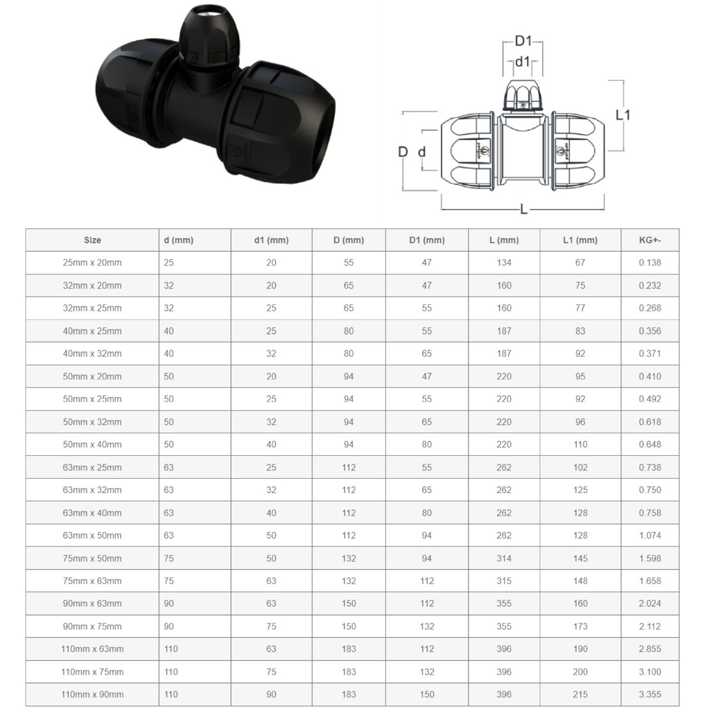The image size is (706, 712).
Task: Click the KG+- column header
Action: tap(650, 240)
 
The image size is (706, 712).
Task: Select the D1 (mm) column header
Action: tap(426, 240)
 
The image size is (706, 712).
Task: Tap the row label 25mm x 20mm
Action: tap(92, 263)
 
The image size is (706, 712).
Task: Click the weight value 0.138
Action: tap(650, 263)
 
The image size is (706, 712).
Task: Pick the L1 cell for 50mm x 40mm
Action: tap(580, 444)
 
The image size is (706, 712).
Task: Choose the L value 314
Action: tap(504, 558)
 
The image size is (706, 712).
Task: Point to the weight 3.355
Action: tap(650, 695)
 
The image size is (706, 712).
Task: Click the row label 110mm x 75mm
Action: tap(92, 672)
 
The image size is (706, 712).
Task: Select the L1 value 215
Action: tap(580, 695)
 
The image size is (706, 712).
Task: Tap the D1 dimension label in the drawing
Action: tap(523, 41)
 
